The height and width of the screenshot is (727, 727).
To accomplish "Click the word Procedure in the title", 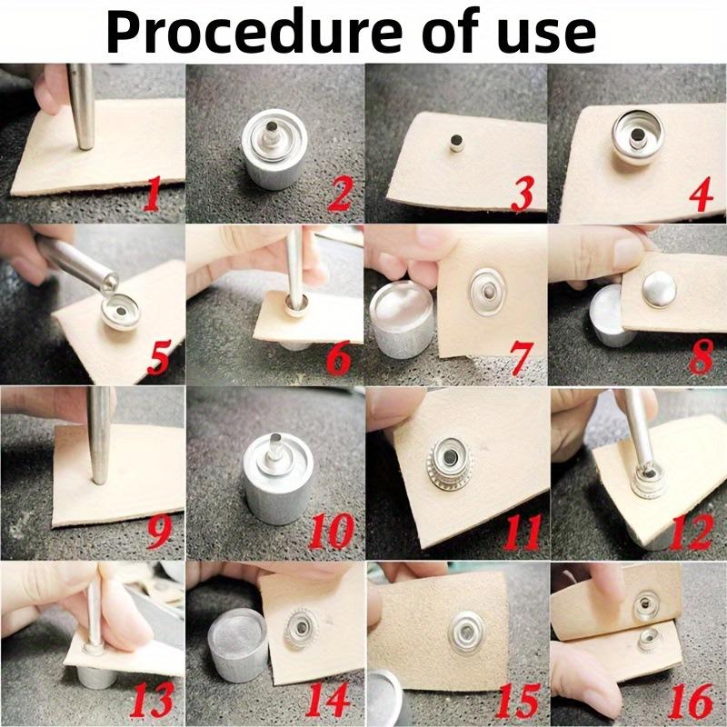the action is click(x=254, y=31).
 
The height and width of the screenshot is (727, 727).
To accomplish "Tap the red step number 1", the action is click(x=151, y=194).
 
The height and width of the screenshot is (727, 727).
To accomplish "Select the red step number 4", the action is click(x=701, y=194).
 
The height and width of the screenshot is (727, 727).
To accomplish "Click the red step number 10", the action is click(x=332, y=532).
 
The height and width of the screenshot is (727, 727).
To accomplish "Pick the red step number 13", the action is click(x=153, y=700).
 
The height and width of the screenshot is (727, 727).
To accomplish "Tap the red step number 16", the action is click(x=691, y=702).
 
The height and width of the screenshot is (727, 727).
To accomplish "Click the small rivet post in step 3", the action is click(x=456, y=143).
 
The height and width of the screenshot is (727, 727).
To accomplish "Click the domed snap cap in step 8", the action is click(x=659, y=289).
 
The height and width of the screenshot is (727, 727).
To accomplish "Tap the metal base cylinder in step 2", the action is click(x=274, y=148).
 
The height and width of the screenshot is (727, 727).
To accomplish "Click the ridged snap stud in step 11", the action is click(x=450, y=463).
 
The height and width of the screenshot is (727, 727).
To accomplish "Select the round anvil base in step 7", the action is click(x=402, y=319).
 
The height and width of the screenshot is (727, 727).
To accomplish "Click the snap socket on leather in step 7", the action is click(x=487, y=292).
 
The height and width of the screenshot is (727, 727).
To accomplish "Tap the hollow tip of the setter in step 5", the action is click(x=110, y=284).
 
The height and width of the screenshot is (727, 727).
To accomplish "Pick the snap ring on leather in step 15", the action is click(x=467, y=632).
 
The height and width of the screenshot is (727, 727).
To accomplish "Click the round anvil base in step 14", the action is click(x=237, y=645).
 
